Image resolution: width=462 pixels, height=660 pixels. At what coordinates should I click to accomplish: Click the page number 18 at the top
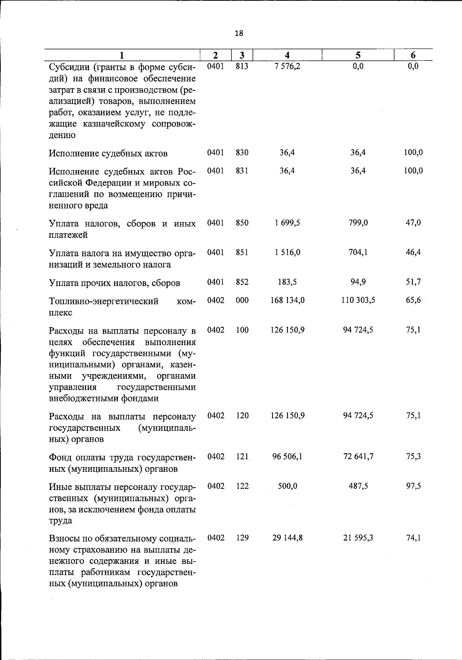coord(239,33)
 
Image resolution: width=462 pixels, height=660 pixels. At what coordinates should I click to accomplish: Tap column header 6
coord(413,55)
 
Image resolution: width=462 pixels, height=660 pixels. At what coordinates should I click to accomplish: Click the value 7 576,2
coord(287,66)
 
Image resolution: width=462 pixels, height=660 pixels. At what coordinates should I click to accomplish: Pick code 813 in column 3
coord(242,66)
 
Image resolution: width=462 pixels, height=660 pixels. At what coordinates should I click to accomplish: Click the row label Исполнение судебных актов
coord(108,154)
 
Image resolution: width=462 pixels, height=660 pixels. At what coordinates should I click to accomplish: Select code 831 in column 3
coord(242,170)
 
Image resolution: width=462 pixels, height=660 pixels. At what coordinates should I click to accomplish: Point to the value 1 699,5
coord(287,223)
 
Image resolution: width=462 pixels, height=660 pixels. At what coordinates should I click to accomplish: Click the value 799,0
coord(358,223)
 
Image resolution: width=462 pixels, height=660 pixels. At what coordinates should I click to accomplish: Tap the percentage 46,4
coord(413,252)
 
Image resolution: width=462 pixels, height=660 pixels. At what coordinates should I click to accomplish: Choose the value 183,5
coord(287,282)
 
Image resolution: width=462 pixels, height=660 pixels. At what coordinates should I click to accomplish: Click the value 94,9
coord(358,282)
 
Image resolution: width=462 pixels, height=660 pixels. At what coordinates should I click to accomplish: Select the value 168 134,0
coord(287,300)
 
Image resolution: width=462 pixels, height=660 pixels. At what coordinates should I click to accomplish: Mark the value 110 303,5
coord(358,300)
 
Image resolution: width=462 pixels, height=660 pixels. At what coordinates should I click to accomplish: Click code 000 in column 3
coord(242,300)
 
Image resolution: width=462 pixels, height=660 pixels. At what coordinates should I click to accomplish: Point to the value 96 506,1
coord(287,456)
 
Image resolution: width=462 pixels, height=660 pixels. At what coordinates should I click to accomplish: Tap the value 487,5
coord(358,486)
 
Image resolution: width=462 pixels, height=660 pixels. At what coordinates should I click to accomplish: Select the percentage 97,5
coord(413,486)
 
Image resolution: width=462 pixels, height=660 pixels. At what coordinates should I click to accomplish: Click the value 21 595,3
coord(358,538)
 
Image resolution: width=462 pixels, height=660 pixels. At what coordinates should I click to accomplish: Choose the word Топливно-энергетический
coord(104,301)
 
